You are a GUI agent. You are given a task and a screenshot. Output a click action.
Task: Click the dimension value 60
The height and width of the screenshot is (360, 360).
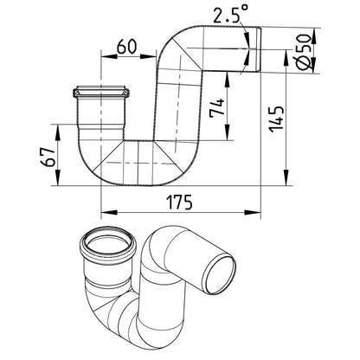click(x=126, y=47)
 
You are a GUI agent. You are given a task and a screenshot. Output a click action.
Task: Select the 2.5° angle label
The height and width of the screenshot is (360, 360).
click(x=230, y=14)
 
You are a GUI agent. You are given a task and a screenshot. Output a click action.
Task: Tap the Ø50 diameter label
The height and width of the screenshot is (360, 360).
click(x=304, y=52)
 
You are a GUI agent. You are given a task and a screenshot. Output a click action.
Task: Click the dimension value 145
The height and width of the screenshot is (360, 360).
click(x=277, y=119)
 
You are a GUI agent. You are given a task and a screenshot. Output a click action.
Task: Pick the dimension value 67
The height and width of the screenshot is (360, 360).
click(x=48, y=157)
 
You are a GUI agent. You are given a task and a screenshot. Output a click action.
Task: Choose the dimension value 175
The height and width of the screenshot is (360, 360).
click(x=179, y=202)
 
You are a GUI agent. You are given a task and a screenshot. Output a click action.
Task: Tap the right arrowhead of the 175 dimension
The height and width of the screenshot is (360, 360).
click(x=253, y=213)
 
